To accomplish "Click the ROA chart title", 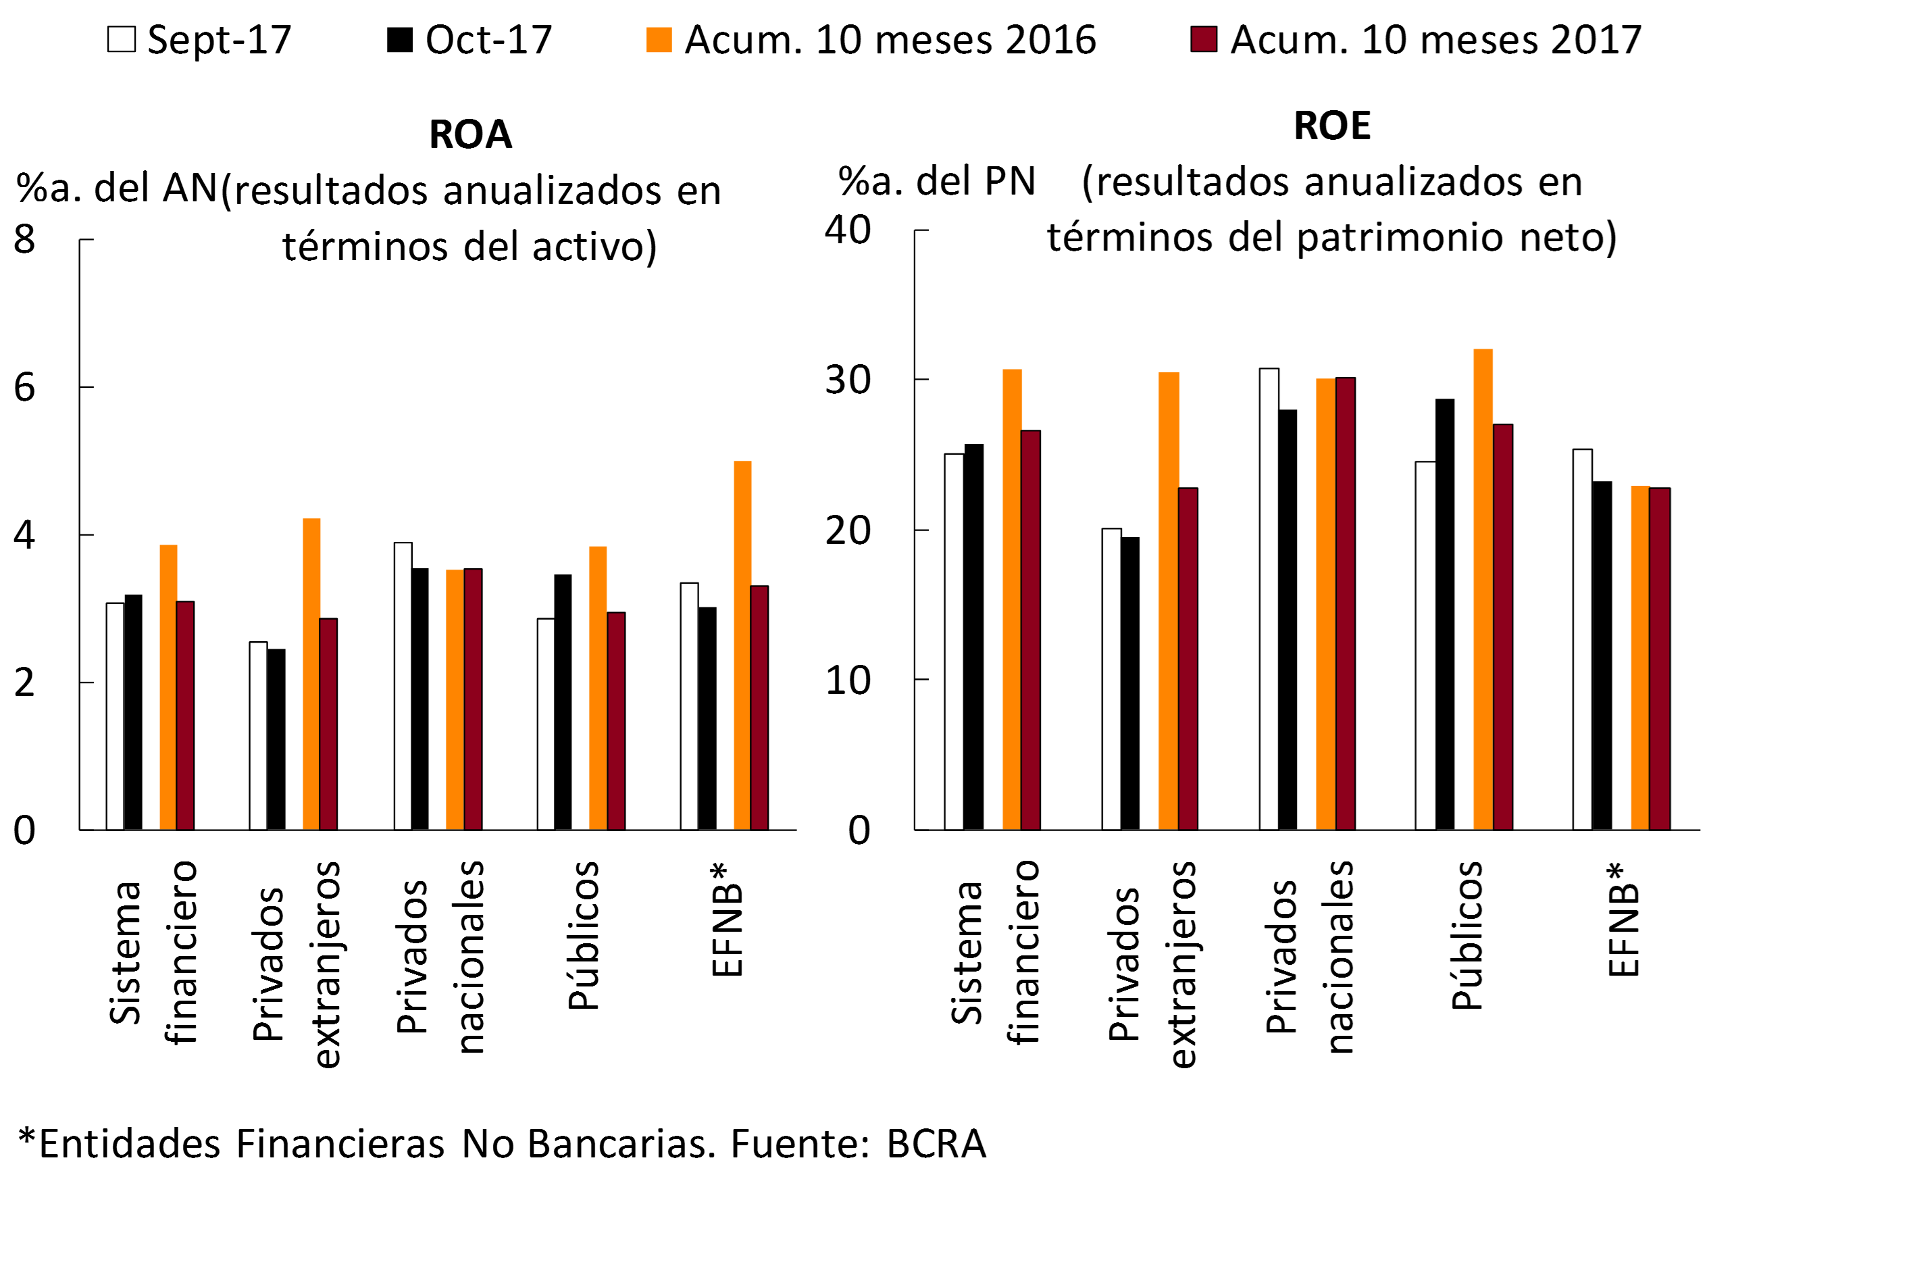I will pos(471,134).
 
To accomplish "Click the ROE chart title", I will pos(1332,126).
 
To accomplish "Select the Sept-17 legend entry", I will pos(199,40).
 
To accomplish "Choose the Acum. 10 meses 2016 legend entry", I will pos(871,40).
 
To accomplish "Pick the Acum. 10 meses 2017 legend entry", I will pos(1416,40).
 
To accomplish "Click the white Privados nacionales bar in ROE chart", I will pos(1269,599).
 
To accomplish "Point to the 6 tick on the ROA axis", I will pos(24,388).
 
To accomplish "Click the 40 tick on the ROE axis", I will pos(848,230).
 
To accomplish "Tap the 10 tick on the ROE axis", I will pos(848,680).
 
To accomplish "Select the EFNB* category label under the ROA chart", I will pos(726,920).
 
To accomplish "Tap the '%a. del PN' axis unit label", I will pos(936,181).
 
